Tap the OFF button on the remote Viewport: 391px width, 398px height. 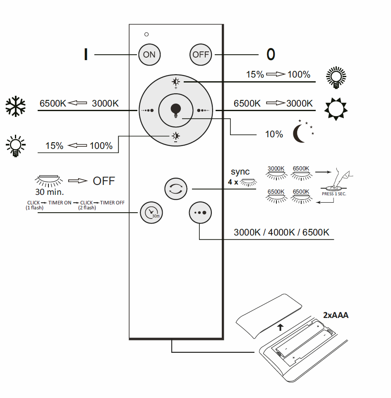tap(201, 54)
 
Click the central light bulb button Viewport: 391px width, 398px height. tap(176, 110)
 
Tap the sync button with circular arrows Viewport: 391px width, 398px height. tap(176, 189)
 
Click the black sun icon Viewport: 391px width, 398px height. tap(336, 109)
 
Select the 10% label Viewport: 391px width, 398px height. tap(274, 134)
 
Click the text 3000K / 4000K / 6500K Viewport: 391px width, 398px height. tap(281, 233)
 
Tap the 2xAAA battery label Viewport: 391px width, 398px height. tap(336, 315)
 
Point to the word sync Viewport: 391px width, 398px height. tap(240, 172)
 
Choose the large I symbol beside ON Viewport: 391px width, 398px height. tap(86, 54)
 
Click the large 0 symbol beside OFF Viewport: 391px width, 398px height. tap(271, 54)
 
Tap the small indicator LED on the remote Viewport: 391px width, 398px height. tap(146, 34)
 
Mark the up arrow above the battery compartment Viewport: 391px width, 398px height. tap(281, 327)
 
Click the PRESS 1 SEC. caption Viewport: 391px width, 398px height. tap(333, 194)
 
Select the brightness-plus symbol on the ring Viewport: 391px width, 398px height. tap(176, 82)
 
